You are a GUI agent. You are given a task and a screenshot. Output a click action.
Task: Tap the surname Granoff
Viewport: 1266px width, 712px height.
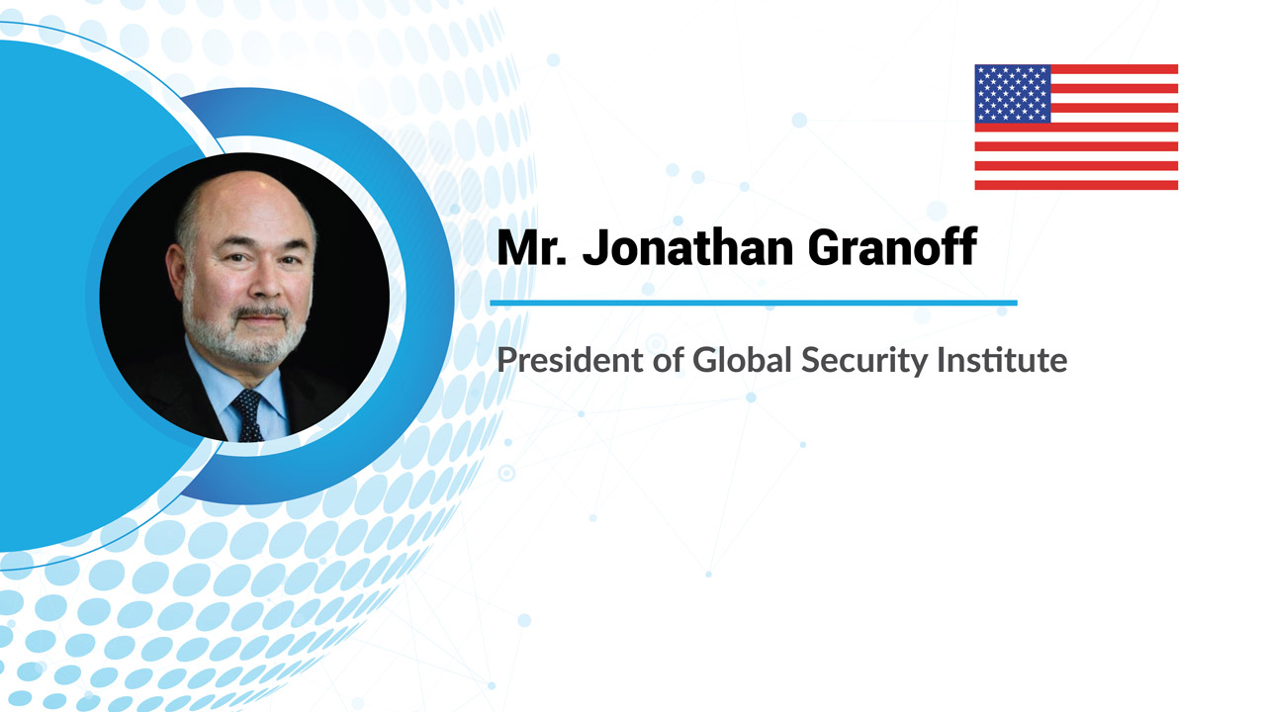pos(893,247)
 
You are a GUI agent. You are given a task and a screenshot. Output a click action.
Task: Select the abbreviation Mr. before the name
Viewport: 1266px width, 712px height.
pos(532,247)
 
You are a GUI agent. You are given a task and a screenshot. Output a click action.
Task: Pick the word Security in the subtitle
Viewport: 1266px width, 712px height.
pos(864,361)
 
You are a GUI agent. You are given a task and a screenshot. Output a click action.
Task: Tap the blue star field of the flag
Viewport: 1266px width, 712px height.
pos(1013,93)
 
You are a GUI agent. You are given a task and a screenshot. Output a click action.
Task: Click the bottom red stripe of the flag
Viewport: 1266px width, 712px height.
pos(1076,185)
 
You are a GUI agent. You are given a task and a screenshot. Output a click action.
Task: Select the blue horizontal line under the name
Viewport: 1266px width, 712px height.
pos(754,303)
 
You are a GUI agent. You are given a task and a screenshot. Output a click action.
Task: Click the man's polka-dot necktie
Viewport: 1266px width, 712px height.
pos(247,415)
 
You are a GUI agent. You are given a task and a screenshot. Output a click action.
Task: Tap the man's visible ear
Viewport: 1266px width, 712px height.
pos(176,269)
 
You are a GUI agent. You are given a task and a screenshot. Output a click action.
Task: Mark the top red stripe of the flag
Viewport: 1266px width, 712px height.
pos(1114,69)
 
